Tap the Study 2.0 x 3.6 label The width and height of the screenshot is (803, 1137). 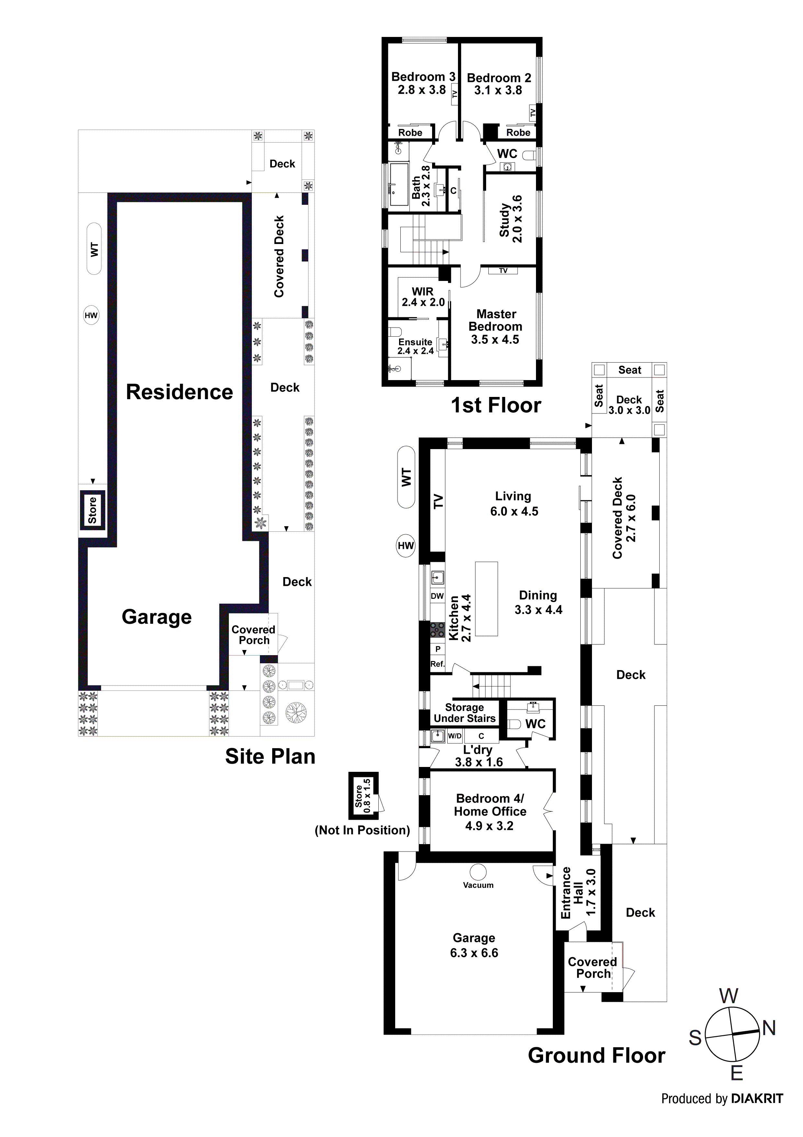(x=510, y=219)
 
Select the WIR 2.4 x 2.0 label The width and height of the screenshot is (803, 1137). (x=423, y=296)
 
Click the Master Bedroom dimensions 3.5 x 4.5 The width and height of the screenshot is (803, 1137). (x=495, y=340)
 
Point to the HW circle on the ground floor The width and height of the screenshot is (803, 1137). (x=406, y=546)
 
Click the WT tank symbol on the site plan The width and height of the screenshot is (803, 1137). (x=94, y=249)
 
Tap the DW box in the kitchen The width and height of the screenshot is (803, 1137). (x=437, y=596)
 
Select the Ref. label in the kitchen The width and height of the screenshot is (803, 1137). (x=437, y=664)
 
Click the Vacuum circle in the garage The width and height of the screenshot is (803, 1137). (x=478, y=872)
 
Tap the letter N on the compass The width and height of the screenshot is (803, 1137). (x=768, y=1028)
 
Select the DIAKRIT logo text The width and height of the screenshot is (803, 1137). (x=757, y=1099)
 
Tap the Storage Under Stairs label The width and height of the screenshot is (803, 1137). (x=464, y=713)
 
